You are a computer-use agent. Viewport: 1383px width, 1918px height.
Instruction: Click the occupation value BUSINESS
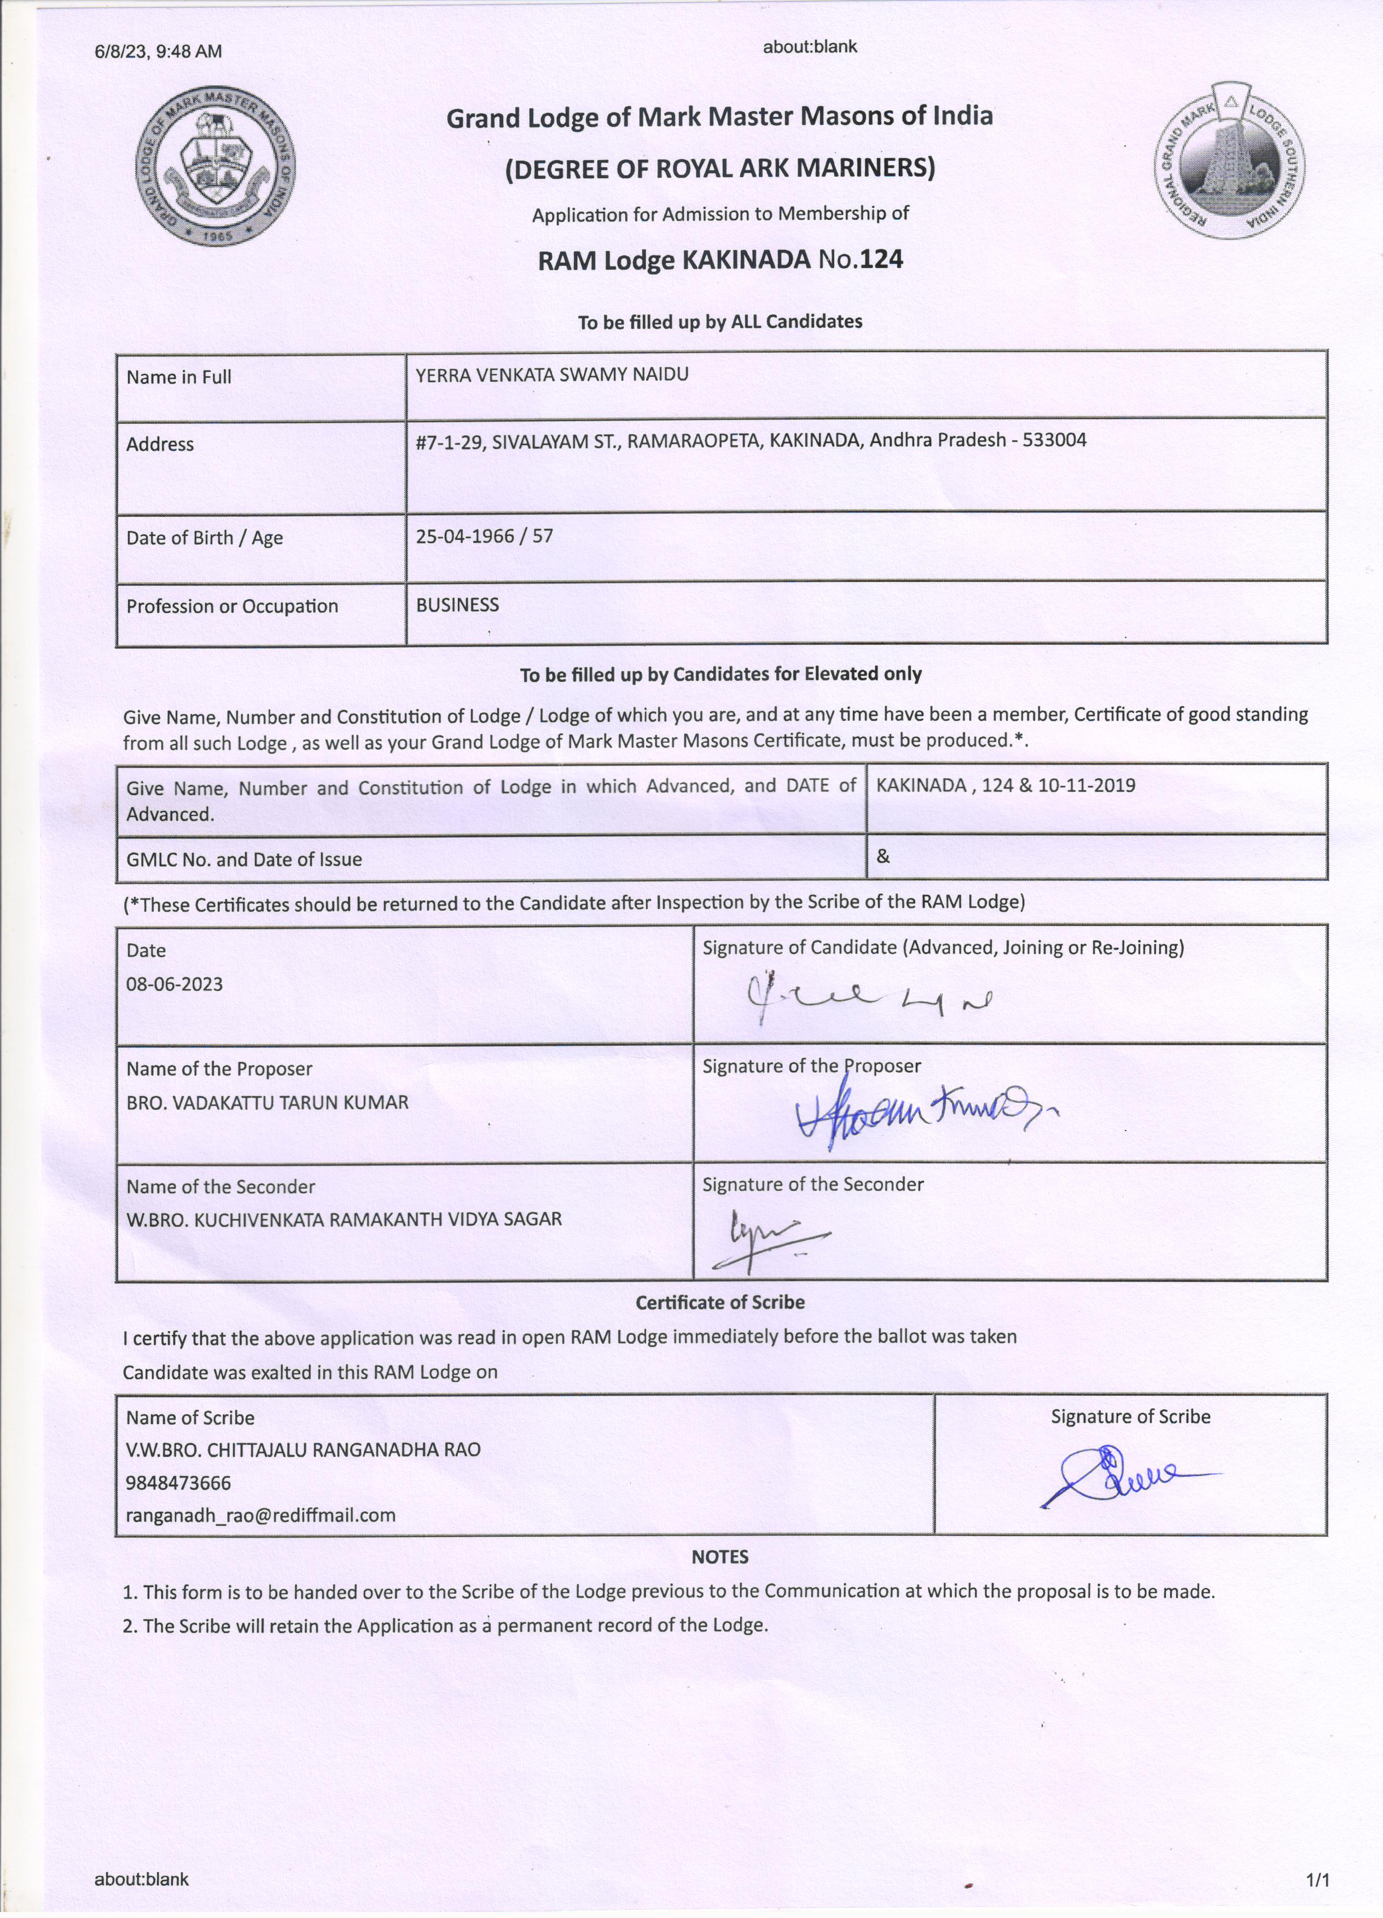[457, 605]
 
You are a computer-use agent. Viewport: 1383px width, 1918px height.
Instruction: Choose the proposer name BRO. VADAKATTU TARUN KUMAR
[268, 1103]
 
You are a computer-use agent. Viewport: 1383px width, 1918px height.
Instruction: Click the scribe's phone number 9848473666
[178, 1483]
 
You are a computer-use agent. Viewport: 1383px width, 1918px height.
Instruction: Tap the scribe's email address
[260, 1514]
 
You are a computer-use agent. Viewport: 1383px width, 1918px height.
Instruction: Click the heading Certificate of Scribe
[720, 1302]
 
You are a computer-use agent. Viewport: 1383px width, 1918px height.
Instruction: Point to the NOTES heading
[720, 1557]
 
